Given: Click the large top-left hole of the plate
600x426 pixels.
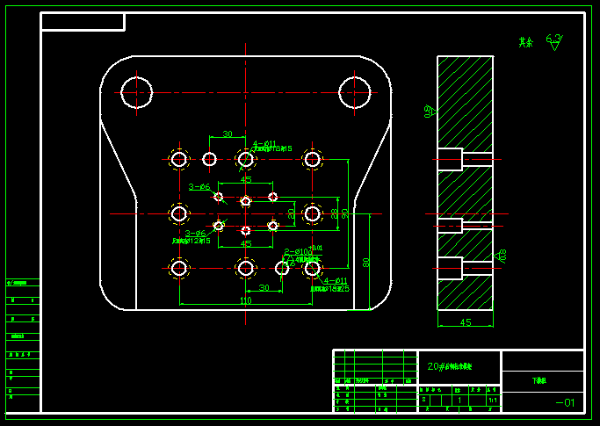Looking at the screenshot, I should pos(137,91).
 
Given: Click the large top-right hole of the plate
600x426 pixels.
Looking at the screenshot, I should pos(355,91).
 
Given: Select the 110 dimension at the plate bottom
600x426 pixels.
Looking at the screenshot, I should pos(245,301).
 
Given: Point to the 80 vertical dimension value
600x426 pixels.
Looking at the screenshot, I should pos(366,261).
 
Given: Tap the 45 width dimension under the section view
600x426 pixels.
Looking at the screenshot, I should pos(466,323).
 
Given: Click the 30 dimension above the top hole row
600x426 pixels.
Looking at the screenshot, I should pos(228,134).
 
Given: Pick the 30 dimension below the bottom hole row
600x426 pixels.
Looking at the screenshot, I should pos(264,288).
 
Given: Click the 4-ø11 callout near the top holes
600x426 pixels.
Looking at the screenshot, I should pos(264,144).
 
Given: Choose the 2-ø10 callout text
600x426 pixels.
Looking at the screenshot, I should pos(296,252).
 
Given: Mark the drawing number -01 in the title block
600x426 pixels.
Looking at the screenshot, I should pos(566,403).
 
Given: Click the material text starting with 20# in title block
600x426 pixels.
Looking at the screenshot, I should pos(449,366).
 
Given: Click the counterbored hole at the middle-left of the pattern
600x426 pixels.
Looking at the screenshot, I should pos(179,213).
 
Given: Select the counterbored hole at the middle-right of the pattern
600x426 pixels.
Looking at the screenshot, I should pos(312,213).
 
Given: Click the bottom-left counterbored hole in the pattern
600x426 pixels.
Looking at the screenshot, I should pos(179,268).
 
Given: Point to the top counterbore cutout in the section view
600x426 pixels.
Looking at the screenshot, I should pos(450,159).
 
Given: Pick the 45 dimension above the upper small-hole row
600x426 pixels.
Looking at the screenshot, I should pos(246,179).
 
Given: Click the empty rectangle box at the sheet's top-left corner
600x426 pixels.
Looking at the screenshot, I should pos(83,22).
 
